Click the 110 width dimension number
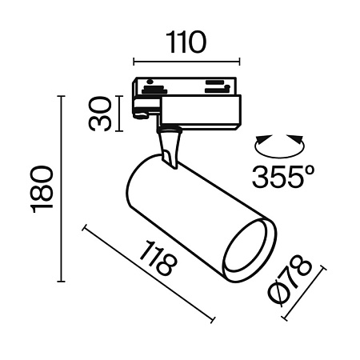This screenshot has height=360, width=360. (x=186, y=41)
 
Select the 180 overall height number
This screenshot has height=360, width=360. (x=42, y=189)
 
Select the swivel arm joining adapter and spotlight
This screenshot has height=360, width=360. (x=170, y=148)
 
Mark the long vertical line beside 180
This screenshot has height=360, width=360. (x=61, y=189)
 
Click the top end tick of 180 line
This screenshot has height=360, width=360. (x=61, y=96)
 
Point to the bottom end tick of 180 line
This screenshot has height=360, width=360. (x=61, y=282)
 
